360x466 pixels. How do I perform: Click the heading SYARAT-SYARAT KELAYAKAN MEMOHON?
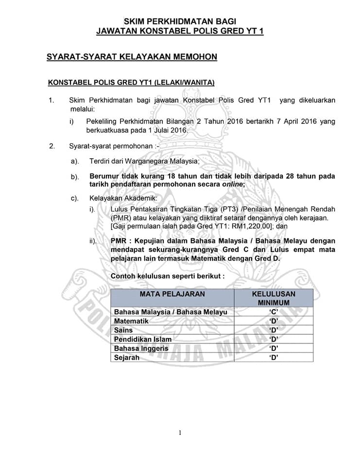point(132,57)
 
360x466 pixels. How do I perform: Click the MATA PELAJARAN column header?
point(172,294)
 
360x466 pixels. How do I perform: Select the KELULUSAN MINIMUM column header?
point(274,298)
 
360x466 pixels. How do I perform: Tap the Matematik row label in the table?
point(131,321)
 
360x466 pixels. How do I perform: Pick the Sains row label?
point(123,330)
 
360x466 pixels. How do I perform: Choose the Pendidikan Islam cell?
point(143,339)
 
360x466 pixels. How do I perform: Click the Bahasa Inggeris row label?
point(141,349)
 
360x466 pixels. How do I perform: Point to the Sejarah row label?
point(127,358)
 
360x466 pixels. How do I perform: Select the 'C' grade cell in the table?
point(274,312)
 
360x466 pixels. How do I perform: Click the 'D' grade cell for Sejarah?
point(274,358)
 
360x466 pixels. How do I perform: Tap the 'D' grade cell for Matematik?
point(274,321)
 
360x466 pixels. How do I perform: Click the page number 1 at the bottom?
point(180,433)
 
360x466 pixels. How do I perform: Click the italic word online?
point(232,184)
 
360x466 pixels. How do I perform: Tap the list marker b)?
point(75,177)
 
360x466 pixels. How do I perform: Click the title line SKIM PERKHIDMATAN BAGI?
point(180,21)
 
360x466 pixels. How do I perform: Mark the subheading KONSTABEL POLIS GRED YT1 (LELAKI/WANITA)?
point(131,83)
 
